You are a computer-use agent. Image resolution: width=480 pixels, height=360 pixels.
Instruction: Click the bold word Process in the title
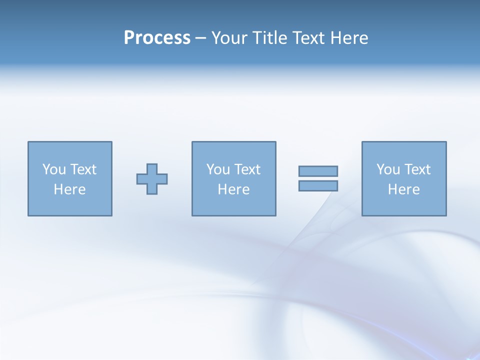click(157, 38)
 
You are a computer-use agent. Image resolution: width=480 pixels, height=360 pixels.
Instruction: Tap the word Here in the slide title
click(349, 38)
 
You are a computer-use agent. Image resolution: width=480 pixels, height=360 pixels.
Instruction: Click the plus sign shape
click(152, 179)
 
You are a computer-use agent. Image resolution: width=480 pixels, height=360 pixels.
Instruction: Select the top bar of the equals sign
click(318, 171)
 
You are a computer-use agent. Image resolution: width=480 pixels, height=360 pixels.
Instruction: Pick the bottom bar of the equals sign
click(318, 186)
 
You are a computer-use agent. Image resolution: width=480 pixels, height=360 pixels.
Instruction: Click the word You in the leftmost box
click(54, 169)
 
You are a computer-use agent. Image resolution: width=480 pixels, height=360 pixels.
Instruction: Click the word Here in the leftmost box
click(69, 189)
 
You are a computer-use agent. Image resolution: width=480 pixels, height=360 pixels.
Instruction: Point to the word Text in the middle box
click(247, 169)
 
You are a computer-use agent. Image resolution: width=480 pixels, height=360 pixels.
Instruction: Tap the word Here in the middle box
click(233, 189)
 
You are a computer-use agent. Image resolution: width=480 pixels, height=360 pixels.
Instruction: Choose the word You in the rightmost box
click(388, 169)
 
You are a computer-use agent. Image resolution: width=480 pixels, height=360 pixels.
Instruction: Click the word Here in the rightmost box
click(403, 189)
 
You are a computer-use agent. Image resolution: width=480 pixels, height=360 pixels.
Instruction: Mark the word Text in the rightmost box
click(417, 169)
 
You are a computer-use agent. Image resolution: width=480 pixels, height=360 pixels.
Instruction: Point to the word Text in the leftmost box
click(83, 169)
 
